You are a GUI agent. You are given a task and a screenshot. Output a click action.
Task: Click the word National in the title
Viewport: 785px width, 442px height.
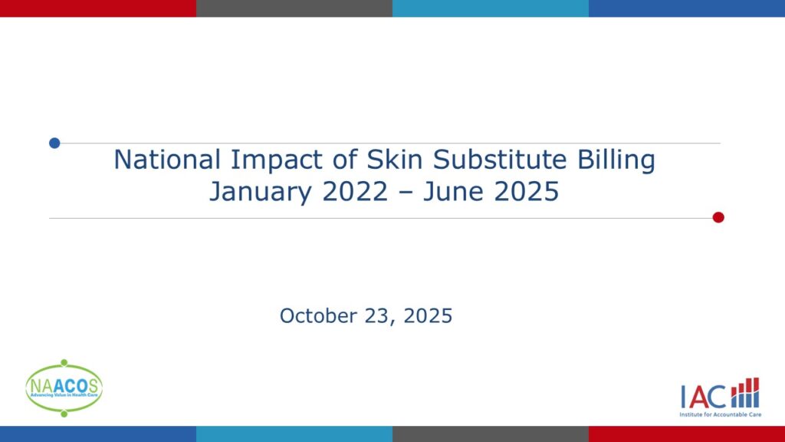coord(167,160)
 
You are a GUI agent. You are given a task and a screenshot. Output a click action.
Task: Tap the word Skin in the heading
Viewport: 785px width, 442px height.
coord(395,160)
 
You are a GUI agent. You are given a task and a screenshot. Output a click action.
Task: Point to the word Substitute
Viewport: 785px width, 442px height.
coord(500,160)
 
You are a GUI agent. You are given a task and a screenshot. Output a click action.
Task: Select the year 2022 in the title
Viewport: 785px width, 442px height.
coord(355,191)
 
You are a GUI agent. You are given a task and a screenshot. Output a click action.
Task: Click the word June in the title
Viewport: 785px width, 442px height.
coord(452,191)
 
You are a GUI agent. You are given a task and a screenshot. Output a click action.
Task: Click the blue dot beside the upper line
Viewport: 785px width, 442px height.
coord(54,143)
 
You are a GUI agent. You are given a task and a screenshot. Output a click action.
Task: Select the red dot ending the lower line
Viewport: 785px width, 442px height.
coord(718,217)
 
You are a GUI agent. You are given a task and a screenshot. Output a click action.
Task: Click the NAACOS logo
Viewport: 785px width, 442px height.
coord(64,388)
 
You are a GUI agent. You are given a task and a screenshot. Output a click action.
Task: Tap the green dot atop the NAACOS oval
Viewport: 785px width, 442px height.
coord(64,362)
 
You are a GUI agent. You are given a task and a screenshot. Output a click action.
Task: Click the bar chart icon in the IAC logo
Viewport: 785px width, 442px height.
coord(745,393)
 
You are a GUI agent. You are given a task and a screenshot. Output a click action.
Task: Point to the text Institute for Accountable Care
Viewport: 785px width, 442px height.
coord(721,414)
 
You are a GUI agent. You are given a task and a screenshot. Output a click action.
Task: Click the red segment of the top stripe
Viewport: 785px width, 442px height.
coord(98,8)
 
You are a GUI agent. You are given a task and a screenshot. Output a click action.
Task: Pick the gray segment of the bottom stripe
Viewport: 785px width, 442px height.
coord(491,434)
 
